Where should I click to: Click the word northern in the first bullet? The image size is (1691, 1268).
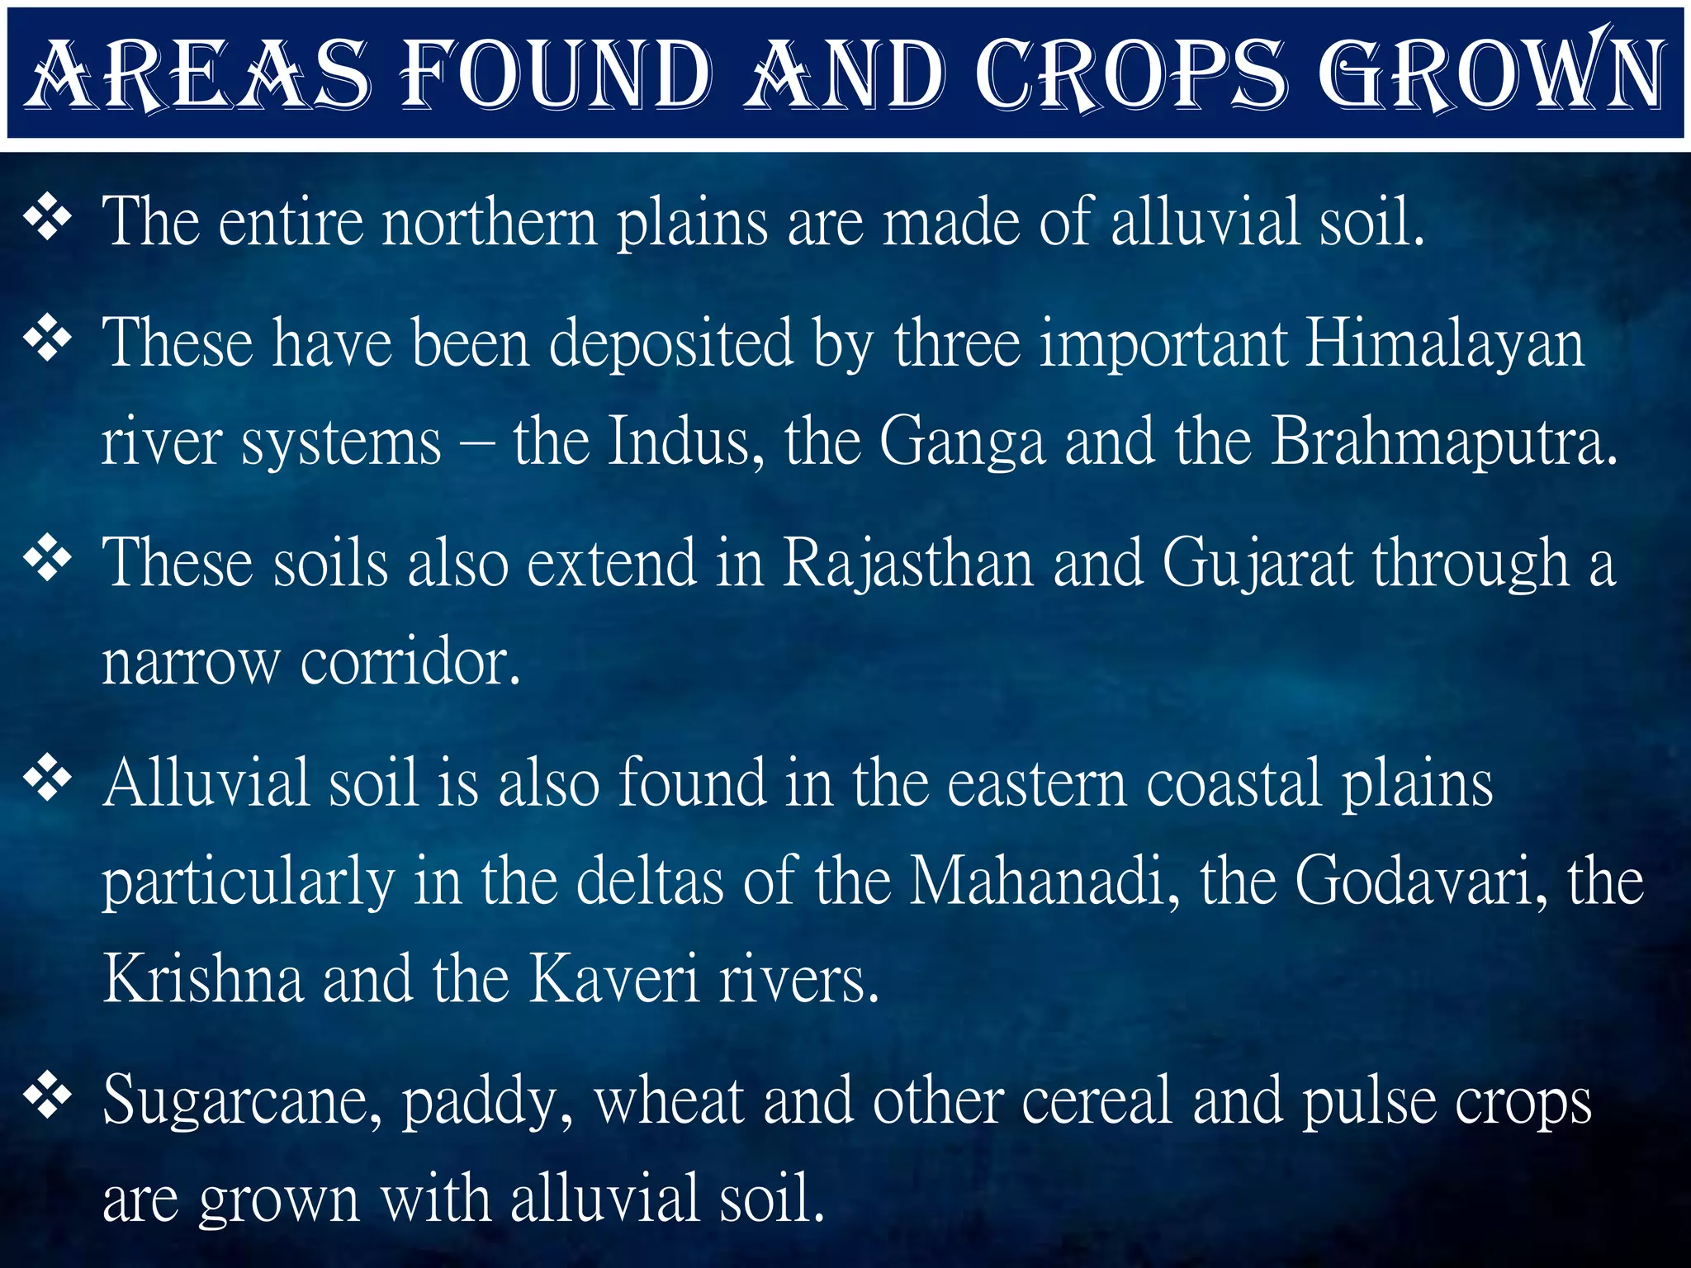490,222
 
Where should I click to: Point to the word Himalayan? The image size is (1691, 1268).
1445,343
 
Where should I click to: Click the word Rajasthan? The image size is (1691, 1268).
907,564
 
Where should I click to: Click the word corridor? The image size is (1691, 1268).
410,662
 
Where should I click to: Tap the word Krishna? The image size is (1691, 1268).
203,979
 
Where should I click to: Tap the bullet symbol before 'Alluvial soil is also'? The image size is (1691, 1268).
49,778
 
